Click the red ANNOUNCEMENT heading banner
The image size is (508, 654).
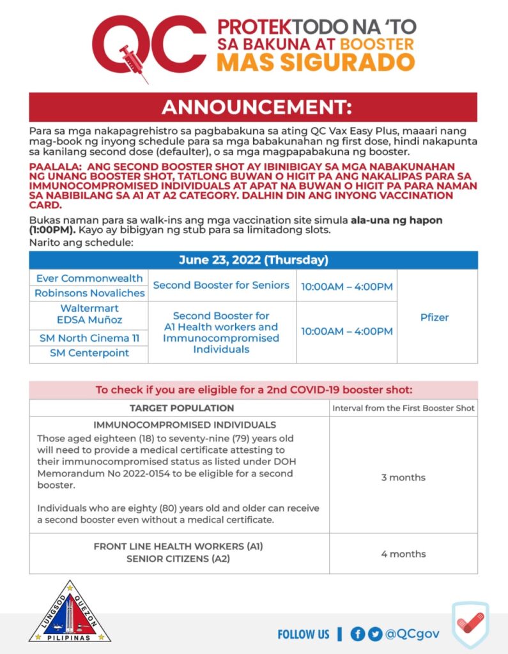click(x=253, y=107)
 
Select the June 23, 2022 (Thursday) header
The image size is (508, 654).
click(x=253, y=260)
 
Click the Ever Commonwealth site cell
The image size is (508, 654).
click(x=89, y=278)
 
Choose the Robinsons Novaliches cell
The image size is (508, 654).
click(x=89, y=293)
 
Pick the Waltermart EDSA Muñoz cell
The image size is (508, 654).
click(x=89, y=314)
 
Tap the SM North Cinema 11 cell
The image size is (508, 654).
click(x=89, y=338)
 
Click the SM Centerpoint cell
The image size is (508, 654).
click(x=89, y=353)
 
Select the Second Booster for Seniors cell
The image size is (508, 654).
click(x=221, y=285)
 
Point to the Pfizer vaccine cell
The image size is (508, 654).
click(x=435, y=317)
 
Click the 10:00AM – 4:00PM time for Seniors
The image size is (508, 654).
click(x=346, y=287)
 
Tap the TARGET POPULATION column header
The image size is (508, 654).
click(x=181, y=408)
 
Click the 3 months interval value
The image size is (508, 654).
click(x=403, y=477)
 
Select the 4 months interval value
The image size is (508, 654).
click(x=403, y=554)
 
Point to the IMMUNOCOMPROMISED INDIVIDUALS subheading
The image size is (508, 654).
click(x=185, y=425)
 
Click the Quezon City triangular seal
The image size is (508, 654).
click(x=70, y=612)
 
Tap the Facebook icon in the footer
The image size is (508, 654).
click(x=358, y=634)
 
